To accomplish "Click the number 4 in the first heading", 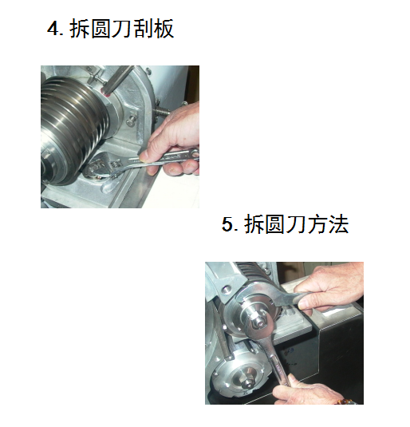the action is (54, 28).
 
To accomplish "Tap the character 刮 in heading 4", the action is (142, 28).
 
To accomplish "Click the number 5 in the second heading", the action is (228, 223).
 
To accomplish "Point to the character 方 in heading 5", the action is (317, 224).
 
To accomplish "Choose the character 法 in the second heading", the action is (338, 224).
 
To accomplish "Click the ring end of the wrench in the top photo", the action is (194, 153).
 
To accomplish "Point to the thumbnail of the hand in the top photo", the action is (144, 156).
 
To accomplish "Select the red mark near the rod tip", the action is (105, 93).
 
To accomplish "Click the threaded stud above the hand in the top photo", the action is (161, 112).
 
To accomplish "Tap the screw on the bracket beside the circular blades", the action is (132, 120).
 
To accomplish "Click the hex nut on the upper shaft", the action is (259, 319).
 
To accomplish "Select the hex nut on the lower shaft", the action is (247, 382).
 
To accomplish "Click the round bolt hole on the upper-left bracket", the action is (226, 289).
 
